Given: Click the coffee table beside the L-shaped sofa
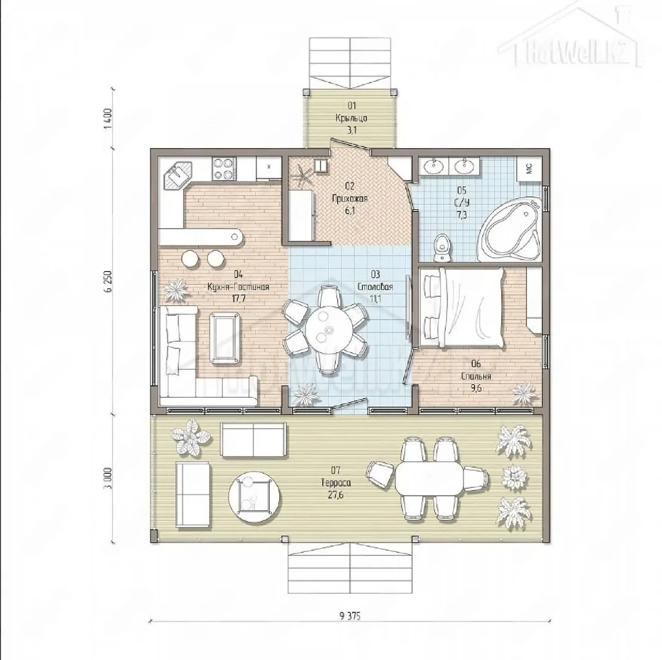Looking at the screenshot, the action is [224, 337].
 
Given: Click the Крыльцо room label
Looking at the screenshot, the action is [352, 118].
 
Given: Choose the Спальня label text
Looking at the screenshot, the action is [476, 377].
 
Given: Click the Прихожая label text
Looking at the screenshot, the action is [350, 199].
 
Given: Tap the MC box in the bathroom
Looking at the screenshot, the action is [530, 168].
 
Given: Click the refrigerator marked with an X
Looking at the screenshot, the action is [268, 168].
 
